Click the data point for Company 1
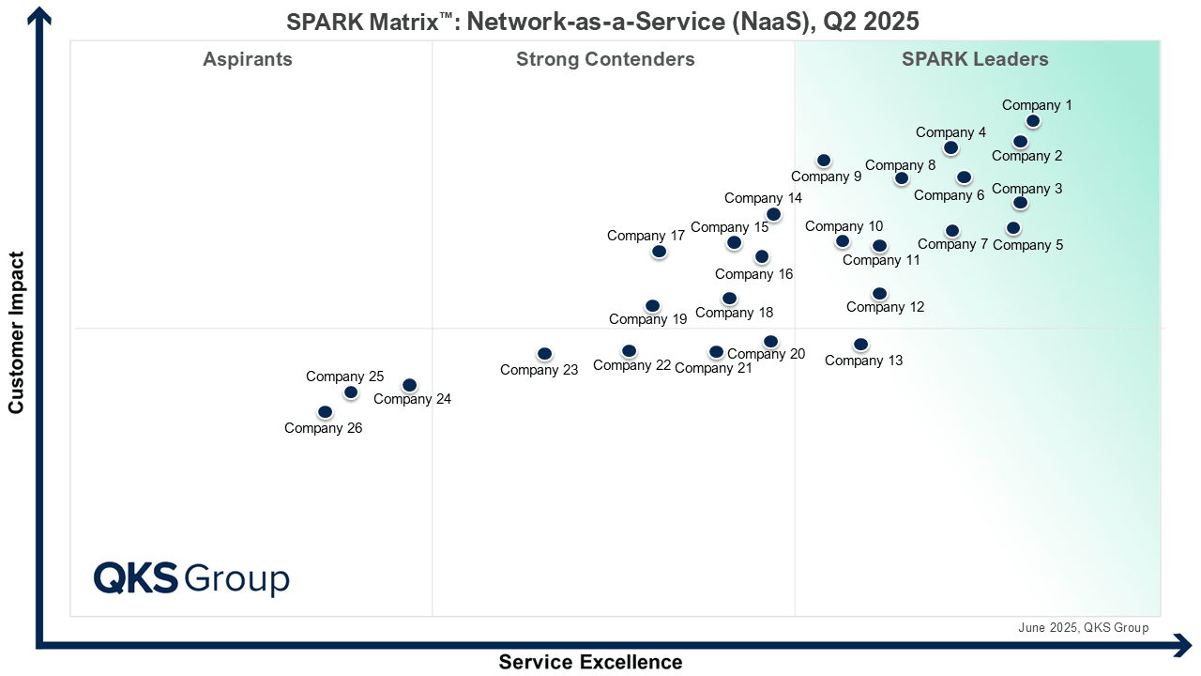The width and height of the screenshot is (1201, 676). coord(1032,121)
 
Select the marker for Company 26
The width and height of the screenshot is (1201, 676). coord(325,412)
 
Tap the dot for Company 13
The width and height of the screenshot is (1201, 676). coord(860,345)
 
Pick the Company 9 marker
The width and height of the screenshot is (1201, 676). coord(824,161)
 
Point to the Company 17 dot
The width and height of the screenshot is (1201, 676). coord(659,252)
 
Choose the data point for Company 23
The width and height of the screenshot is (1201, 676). coord(544,354)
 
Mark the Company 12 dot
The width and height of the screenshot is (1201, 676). coord(879,294)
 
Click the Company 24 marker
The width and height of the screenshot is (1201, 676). coord(409,385)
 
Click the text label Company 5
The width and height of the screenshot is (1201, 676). coord(1027,245)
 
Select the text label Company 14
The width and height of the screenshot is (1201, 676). coord(763,198)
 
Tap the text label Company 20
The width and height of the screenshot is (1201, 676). coord(766,354)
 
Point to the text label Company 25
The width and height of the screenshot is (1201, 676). coord(344,376)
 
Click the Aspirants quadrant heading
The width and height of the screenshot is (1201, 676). coord(248,60)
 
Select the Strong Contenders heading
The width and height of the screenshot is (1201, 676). coord(605,60)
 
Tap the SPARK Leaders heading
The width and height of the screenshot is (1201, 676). coord(975,60)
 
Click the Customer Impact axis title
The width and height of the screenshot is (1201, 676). coord(16,331)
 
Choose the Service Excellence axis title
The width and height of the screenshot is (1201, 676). coord(590,662)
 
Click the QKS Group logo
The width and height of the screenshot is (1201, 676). coord(191,578)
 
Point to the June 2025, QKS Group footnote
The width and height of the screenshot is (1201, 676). coord(1083,628)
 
